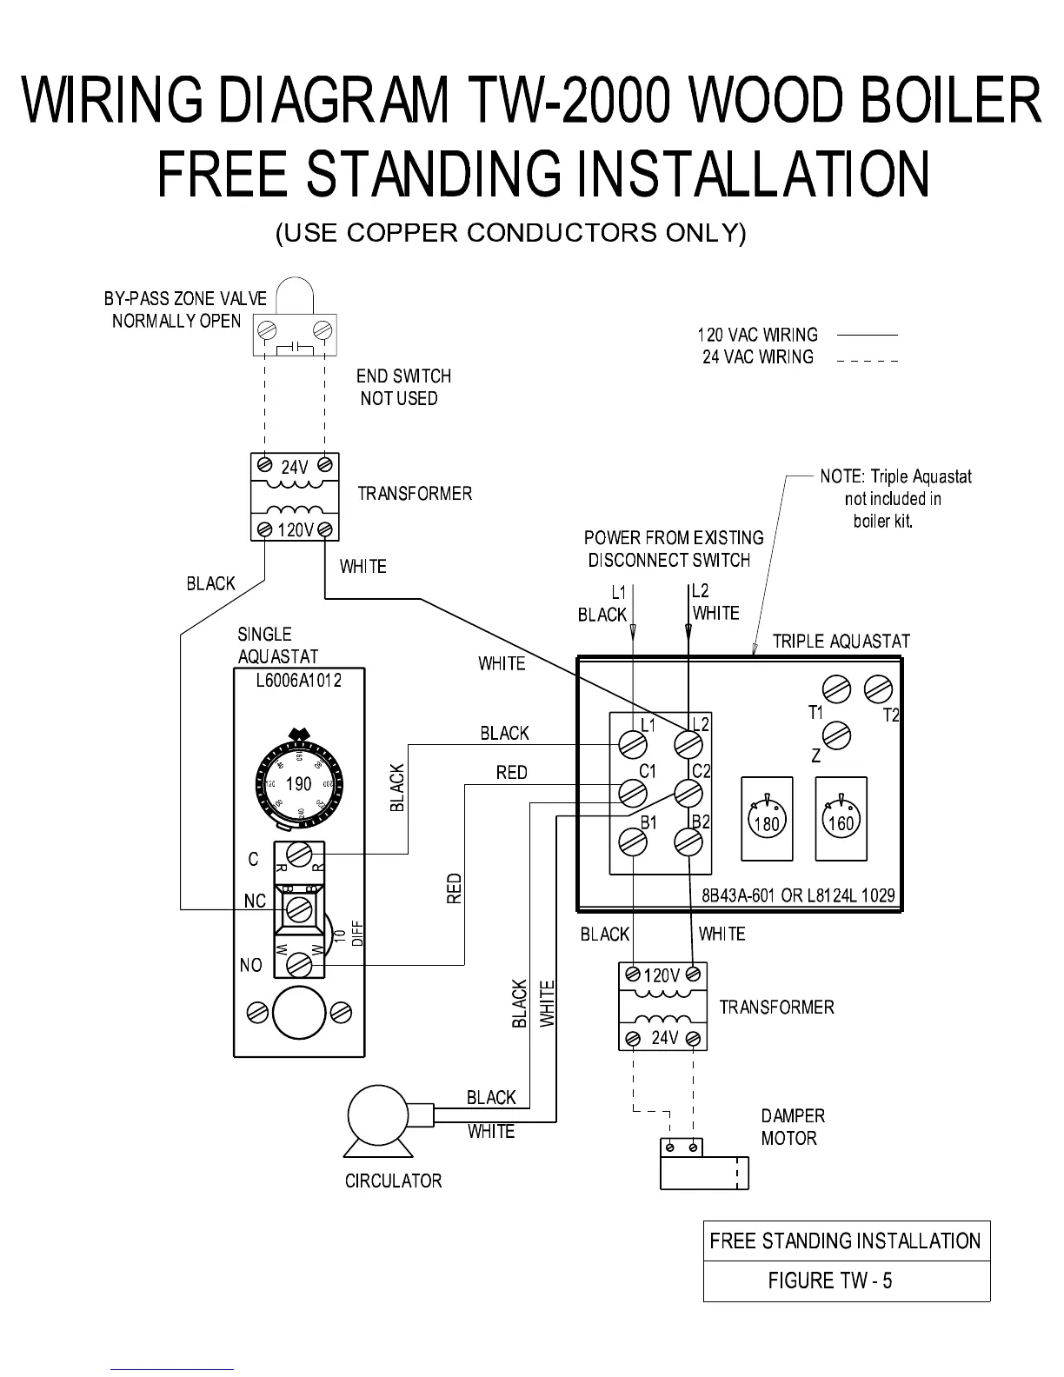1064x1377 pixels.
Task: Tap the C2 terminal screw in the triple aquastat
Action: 688,793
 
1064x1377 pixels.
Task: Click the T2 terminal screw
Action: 878,690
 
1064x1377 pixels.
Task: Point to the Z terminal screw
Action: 836,735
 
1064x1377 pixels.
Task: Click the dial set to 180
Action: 766,820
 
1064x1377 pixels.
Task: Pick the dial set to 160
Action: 841,820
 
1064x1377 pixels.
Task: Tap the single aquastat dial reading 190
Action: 298,783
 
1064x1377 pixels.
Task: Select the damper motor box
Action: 703,1164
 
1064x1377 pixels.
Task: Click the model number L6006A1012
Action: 298,680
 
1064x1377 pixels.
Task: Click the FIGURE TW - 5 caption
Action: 830,1281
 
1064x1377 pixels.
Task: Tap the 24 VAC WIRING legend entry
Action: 758,356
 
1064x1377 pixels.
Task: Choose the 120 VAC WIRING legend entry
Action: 757,335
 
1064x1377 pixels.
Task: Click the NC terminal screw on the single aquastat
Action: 300,909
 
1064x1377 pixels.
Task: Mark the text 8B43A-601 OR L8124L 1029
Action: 798,895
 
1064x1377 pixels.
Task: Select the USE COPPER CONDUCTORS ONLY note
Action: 510,233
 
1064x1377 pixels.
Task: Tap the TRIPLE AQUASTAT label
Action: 841,642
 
